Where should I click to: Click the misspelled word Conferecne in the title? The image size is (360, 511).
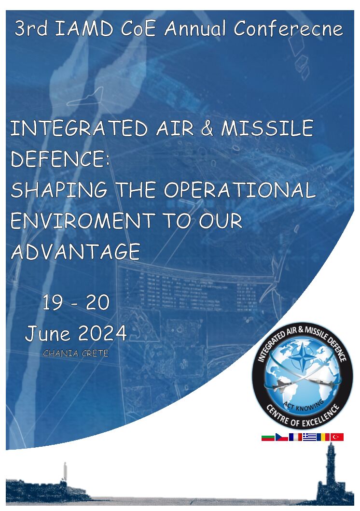pos(288,28)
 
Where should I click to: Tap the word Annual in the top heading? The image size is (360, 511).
pos(195,28)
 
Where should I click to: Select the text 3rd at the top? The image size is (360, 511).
pos(31,28)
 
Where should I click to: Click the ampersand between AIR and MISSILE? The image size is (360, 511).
pos(207,128)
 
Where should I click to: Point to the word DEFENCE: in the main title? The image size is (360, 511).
pos(60,159)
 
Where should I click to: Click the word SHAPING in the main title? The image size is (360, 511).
pos(59,190)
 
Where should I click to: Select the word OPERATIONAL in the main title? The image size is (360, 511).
pos(239,190)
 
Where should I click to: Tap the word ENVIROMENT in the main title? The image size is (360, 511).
pos(83,221)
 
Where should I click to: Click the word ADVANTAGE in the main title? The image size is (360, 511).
pos(76,252)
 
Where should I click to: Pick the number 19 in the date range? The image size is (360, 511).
pos(53,303)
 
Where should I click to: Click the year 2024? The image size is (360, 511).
pos(102,333)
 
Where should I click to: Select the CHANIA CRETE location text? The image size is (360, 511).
pos(75,353)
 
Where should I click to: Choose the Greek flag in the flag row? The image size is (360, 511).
pos(309,437)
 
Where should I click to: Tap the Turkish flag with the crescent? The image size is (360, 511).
pos(337,437)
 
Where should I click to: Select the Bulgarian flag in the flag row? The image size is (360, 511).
pos(268,437)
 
